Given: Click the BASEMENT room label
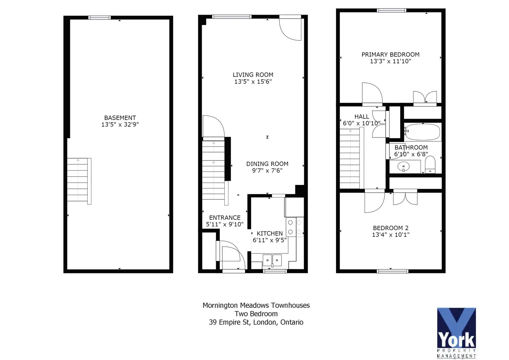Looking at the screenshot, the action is pyautogui.click(x=120, y=118).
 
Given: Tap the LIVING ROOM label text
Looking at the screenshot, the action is pyautogui.click(x=253, y=74).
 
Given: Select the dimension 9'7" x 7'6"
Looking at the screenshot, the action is pyautogui.click(x=267, y=171).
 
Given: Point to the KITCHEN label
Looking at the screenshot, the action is pyautogui.click(x=270, y=233).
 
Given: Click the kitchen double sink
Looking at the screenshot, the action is pyautogui.click(x=272, y=260).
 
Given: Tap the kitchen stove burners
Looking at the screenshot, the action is pyautogui.click(x=295, y=227).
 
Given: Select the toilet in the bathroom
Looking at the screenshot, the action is pyautogui.click(x=430, y=165).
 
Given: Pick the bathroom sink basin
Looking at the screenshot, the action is pyautogui.click(x=404, y=167).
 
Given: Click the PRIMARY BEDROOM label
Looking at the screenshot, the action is pyautogui.click(x=390, y=54).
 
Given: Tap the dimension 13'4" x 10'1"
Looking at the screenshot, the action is pyautogui.click(x=391, y=235).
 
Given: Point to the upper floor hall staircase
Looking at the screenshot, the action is pyautogui.click(x=352, y=158).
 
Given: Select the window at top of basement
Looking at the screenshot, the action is pyautogui.click(x=100, y=18).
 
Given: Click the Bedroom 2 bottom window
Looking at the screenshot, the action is pyautogui.click(x=393, y=271).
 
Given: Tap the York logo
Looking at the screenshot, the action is pyautogui.click(x=457, y=333).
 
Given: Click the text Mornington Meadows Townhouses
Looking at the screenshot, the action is pyautogui.click(x=256, y=305).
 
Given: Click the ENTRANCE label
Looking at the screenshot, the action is pyautogui.click(x=225, y=218).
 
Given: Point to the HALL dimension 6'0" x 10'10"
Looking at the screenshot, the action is pyautogui.click(x=361, y=123).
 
